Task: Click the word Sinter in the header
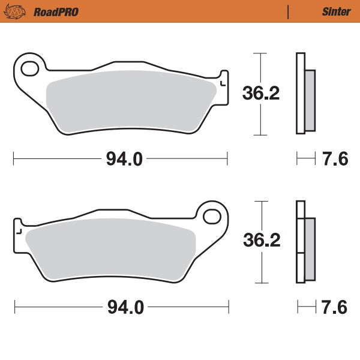(x=336, y=11)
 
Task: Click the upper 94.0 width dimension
(x=124, y=159)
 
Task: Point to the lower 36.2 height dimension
(x=262, y=241)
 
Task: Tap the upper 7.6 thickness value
(x=335, y=159)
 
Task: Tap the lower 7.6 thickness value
(x=335, y=308)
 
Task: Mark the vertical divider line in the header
(x=289, y=11)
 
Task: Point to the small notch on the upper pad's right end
(x=223, y=79)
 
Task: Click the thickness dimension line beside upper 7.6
(x=305, y=159)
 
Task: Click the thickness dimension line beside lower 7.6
(x=305, y=308)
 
